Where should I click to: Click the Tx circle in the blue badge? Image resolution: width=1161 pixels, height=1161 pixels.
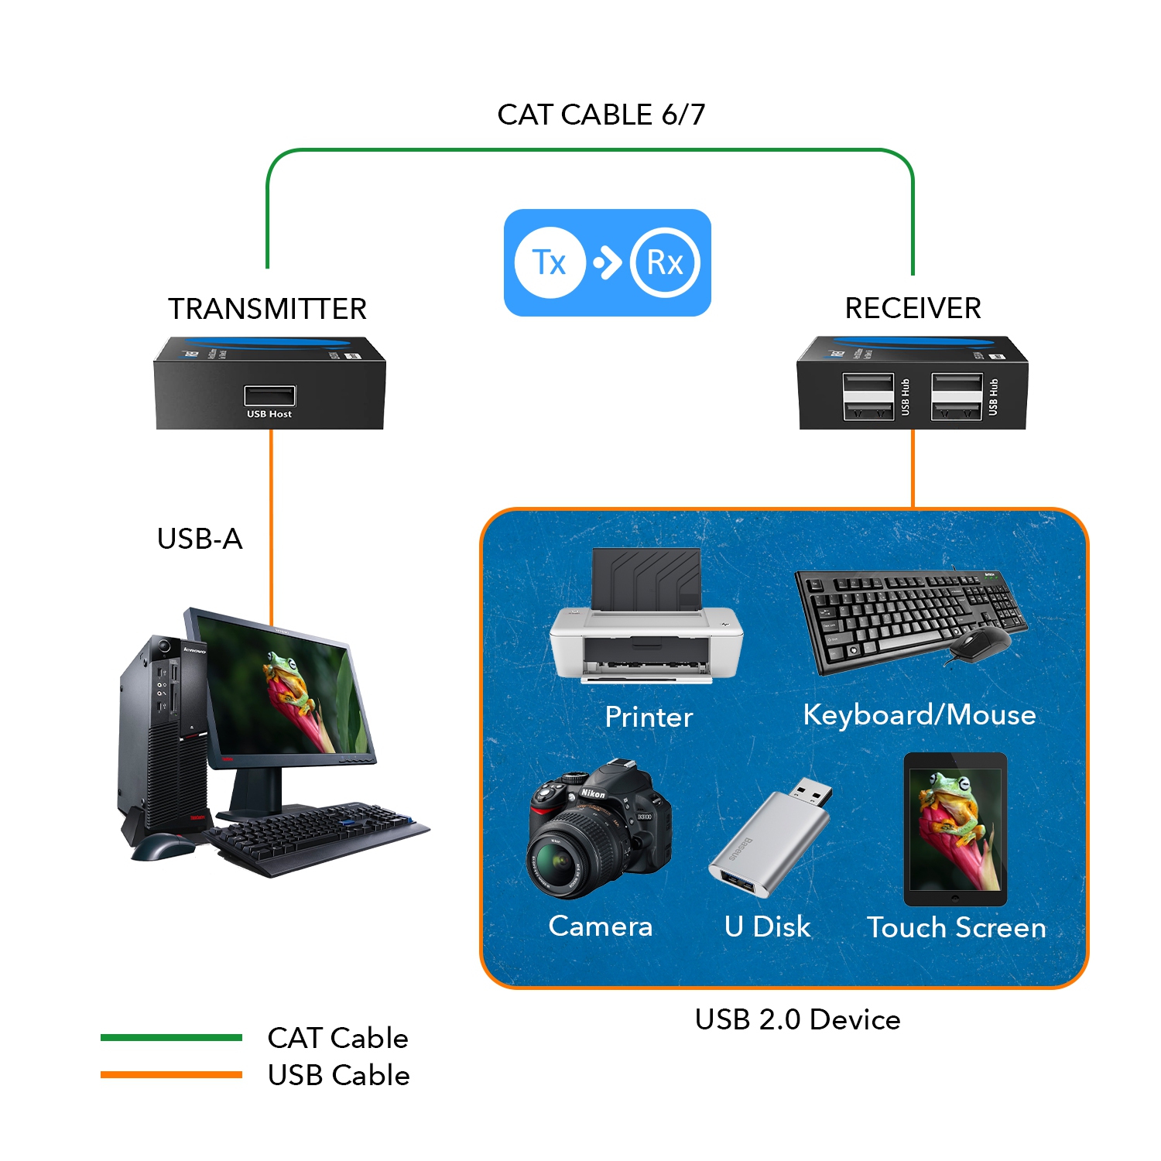tap(550, 262)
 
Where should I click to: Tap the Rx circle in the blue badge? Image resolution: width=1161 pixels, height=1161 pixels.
tap(665, 262)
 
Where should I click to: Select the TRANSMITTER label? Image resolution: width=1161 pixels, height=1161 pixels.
tap(267, 309)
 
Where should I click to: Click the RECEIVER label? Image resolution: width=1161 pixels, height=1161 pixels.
tap(913, 308)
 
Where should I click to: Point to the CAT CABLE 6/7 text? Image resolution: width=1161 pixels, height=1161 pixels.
tap(601, 115)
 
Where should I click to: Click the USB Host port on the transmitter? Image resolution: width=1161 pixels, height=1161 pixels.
tap(269, 396)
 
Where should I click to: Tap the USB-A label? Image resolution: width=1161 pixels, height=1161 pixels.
tap(200, 539)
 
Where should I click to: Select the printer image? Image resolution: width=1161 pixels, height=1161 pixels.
tap(646, 619)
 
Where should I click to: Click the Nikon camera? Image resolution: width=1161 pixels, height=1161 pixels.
tap(598, 828)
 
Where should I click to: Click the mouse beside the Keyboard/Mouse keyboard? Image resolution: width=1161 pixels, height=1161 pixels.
tap(979, 642)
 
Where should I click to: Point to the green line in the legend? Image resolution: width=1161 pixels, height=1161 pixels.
tap(171, 1037)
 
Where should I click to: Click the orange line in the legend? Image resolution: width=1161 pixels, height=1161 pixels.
tap(171, 1074)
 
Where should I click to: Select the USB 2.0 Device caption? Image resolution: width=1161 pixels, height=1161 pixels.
tap(797, 1019)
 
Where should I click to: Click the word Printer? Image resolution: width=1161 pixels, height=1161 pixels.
tap(649, 717)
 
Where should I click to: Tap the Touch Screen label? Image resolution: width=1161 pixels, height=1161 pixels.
tap(956, 927)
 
